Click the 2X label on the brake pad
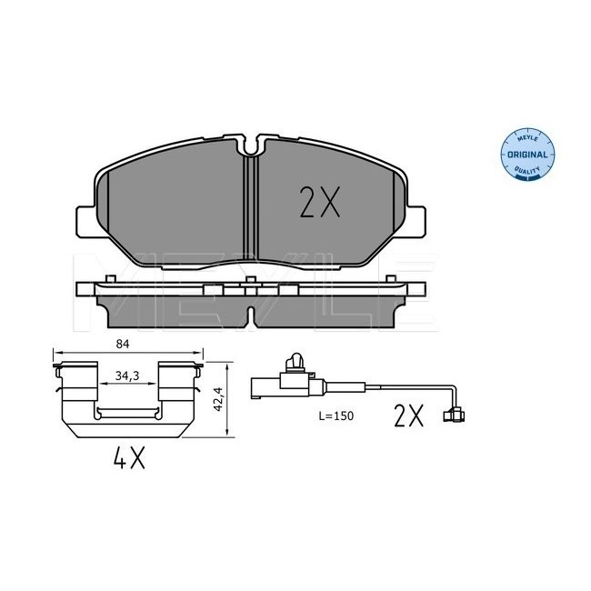click(x=320, y=202)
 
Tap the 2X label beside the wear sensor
click(x=408, y=416)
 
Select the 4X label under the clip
click(x=129, y=457)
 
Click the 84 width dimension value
click(x=123, y=344)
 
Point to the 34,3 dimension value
click(x=127, y=376)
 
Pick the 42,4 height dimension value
click(x=218, y=399)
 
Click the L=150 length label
click(x=336, y=416)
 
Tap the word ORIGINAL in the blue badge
click(x=527, y=155)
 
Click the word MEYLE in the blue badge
click(x=527, y=139)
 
